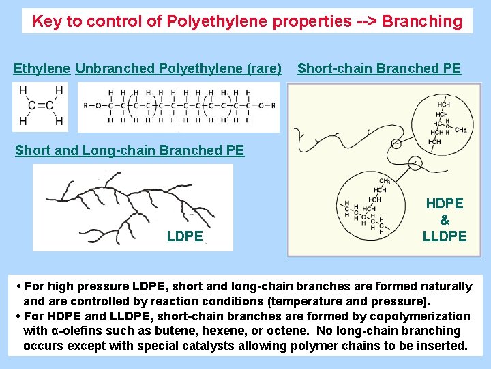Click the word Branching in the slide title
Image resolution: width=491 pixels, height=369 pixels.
click(x=422, y=21)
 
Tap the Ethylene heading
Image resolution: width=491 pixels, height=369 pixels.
click(x=42, y=68)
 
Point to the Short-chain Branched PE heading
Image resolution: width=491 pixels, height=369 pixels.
click(x=379, y=68)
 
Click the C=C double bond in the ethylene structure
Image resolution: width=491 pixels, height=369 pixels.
click(x=41, y=105)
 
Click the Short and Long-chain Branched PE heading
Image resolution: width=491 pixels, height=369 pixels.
click(x=130, y=150)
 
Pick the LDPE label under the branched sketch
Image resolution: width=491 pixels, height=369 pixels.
click(x=185, y=236)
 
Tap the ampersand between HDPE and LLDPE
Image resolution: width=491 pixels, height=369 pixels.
click(x=445, y=220)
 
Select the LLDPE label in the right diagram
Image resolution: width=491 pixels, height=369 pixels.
click(x=445, y=236)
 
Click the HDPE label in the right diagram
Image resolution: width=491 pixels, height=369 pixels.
click(x=445, y=204)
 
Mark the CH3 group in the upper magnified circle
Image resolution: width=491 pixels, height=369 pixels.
click(x=460, y=130)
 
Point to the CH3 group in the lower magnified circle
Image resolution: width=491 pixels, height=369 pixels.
click(x=385, y=181)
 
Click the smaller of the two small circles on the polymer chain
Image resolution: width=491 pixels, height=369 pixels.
click(x=396, y=143)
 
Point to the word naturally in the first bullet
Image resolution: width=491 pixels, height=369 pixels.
click(x=445, y=286)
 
